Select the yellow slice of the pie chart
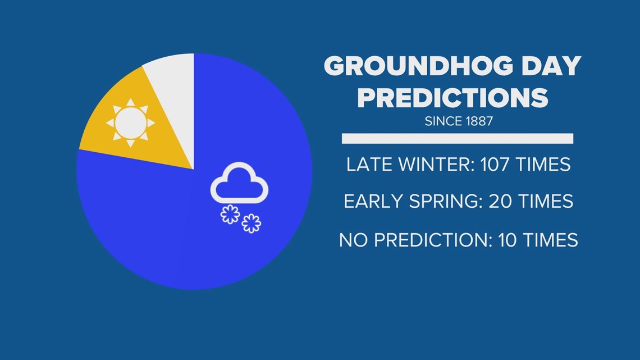pos(135,122)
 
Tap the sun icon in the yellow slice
pos(131,122)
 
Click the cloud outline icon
pos(239,183)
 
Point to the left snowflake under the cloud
pos(230,215)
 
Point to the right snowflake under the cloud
pos(251,224)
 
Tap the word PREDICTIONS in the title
pos(452,98)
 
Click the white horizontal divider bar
pos(458,138)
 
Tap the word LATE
pos(369,165)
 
